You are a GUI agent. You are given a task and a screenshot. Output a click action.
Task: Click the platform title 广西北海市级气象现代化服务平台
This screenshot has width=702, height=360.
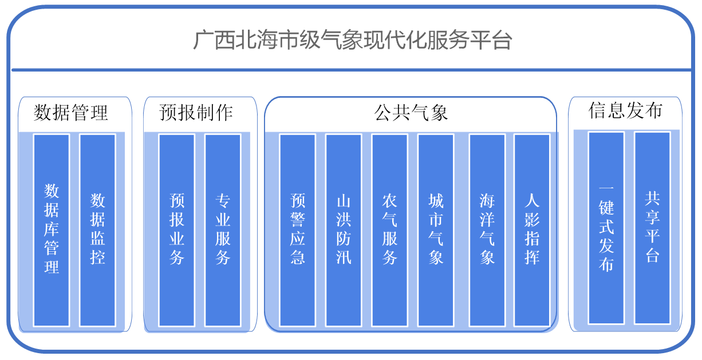[352, 41]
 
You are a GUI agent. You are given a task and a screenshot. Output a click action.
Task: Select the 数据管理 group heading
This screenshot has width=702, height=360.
[71, 113]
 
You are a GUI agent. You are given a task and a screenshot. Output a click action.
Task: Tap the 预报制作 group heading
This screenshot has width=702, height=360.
[196, 113]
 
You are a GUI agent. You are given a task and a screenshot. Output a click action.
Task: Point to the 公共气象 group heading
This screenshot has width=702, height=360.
[411, 113]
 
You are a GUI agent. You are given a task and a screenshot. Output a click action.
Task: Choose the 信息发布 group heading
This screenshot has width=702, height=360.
[625, 110]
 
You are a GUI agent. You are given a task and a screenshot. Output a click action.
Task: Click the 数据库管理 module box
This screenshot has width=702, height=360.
[52, 230]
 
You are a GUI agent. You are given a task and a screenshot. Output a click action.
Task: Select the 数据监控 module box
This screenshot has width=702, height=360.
[97, 230]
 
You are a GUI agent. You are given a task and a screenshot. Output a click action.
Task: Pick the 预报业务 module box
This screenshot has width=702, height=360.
[176, 230]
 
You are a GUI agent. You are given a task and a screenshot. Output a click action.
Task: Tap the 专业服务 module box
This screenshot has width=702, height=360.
[223, 230]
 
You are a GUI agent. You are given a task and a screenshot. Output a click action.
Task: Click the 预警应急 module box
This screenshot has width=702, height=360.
[298, 230]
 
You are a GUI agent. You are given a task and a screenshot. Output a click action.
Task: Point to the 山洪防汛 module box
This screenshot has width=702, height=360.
[344, 230]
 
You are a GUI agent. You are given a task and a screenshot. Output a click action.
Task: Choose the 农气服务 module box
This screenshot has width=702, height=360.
[389, 230]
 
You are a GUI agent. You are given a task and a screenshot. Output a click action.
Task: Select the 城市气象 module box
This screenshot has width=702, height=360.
[436, 230]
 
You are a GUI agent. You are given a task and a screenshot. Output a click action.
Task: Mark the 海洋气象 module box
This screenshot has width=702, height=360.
[487, 230]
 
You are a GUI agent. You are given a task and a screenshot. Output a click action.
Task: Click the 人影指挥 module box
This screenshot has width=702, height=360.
[532, 230]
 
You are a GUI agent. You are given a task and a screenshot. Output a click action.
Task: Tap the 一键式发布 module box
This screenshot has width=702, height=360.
[606, 228]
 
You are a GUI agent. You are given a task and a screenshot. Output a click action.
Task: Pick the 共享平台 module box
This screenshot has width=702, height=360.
[652, 228]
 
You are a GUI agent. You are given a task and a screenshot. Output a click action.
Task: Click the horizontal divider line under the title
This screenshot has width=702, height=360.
[352, 70]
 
